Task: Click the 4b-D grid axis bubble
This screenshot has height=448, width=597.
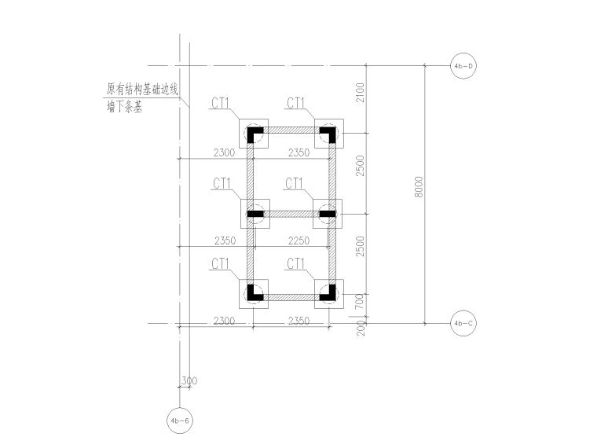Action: coord(463,65)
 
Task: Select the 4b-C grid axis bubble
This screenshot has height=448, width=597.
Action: coord(463,323)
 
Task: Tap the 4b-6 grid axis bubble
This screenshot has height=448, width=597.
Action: coord(180,420)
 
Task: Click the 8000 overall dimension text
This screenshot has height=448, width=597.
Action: coord(419,187)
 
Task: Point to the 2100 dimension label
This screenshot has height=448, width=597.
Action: coord(360,93)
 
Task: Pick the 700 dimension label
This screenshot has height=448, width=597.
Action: coord(360,302)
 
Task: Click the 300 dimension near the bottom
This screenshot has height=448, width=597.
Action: coord(189,380)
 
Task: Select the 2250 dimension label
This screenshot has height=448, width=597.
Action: coord(298,241)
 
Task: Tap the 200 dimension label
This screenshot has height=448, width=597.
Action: coord(361,328)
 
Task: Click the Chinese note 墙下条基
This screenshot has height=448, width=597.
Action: coord(124,107)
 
